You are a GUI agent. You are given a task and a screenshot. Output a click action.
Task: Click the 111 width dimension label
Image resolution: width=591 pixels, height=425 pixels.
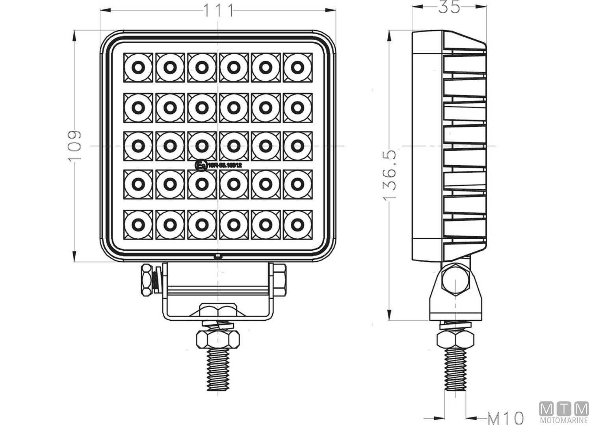[218, 11]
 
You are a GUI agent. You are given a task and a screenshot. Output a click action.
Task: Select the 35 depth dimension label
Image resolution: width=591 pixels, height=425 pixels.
[449, 7]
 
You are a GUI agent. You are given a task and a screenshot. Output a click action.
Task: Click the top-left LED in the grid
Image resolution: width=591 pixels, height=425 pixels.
[138, 68]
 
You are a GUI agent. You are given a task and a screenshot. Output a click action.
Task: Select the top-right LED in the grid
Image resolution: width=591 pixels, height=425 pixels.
[297, 68]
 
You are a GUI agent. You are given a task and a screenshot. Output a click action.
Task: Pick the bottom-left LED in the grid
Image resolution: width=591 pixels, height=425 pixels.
[138, 225]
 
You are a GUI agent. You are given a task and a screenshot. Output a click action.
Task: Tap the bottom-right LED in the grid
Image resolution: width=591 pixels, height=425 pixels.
[297, 225]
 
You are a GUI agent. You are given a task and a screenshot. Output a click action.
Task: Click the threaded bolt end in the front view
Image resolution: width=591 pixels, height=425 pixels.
[218, 368]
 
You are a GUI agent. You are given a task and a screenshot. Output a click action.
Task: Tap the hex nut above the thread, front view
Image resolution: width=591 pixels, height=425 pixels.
[218, 338]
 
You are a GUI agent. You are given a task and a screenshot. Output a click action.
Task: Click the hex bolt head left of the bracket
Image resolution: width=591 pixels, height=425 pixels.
[147, 280]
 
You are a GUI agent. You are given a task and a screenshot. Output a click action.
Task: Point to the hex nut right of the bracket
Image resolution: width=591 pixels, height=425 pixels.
[280, 279]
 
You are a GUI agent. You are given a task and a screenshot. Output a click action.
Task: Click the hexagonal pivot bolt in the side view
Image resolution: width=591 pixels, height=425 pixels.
[455, 280]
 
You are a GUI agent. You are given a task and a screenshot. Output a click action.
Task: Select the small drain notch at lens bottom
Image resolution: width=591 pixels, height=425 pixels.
[218, 257]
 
